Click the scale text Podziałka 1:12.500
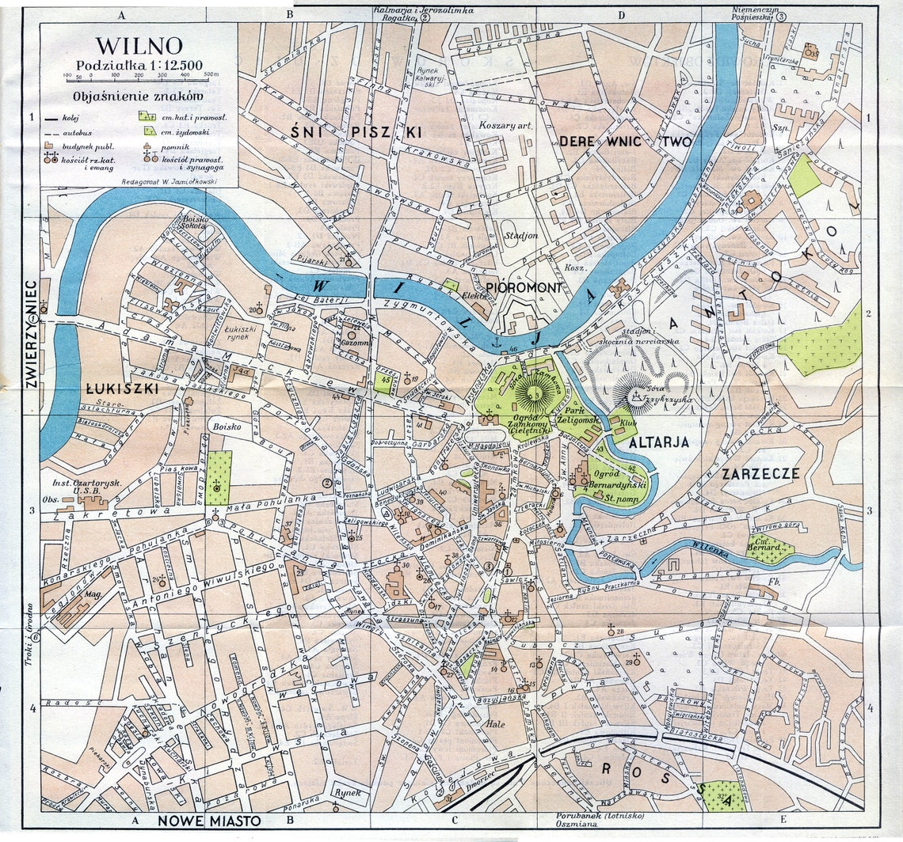(x=139, y=64)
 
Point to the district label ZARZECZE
(x=760, y=473)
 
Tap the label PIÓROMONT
(x=524, y=287)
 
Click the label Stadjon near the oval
(x=520, y=235)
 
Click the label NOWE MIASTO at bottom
(x=209, y=821)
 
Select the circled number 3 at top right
(x=781, y=16)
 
